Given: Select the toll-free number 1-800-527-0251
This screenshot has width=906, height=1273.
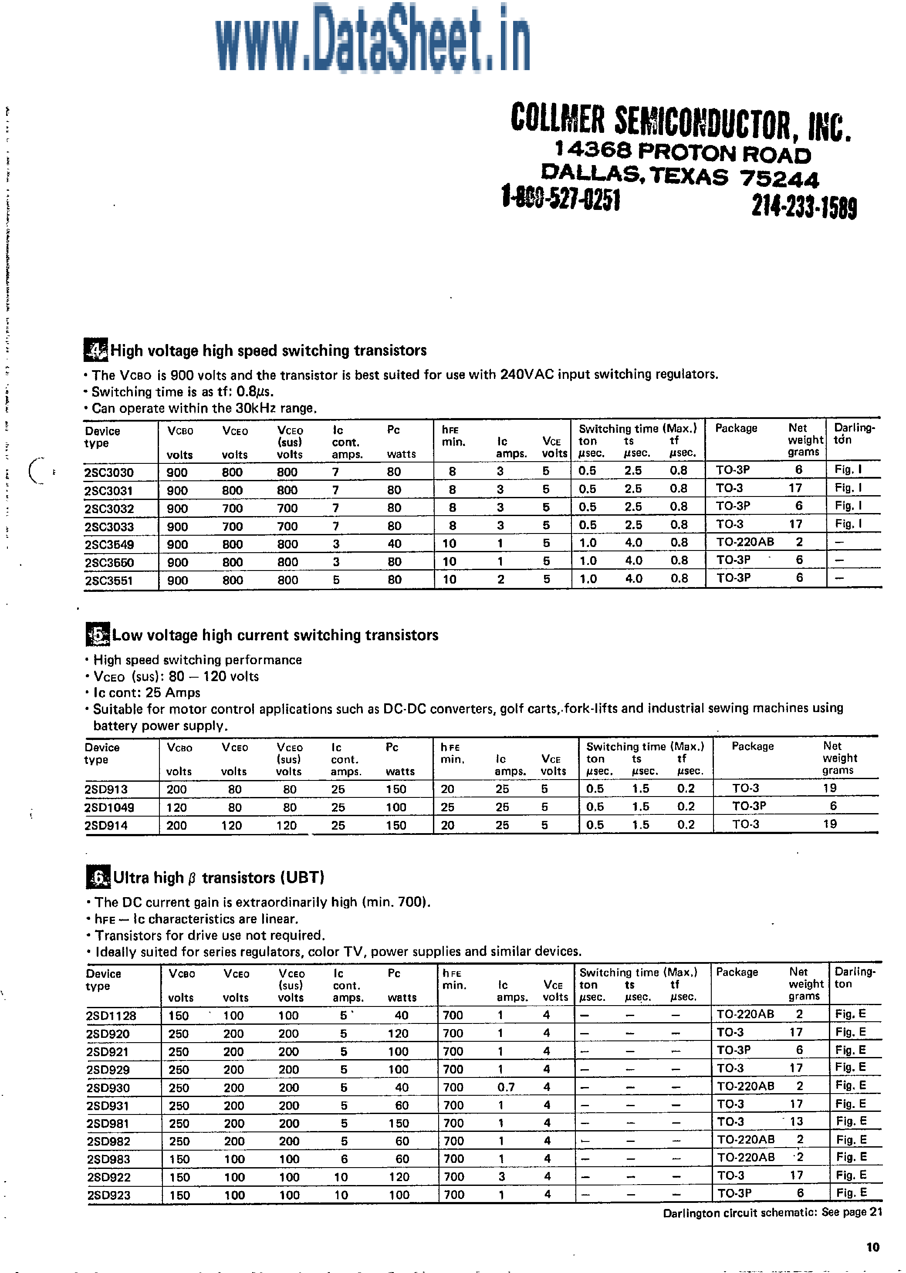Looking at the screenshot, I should point(561,199).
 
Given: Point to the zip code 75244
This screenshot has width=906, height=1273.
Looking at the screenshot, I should point(779,179).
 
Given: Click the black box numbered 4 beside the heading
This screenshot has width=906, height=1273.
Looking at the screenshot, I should point(95,350).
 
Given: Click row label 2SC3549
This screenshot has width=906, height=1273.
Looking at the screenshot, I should point(109,544).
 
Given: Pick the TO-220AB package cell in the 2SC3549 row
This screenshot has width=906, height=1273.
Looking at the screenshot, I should point(745,542).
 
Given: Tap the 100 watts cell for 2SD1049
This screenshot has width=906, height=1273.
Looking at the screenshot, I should point(396,807).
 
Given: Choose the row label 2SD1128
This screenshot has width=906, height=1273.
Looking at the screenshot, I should point(111,1016).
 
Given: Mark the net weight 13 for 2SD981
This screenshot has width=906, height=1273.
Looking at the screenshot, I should point(796,1122).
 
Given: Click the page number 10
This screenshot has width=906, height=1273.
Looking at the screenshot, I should point(873,1247).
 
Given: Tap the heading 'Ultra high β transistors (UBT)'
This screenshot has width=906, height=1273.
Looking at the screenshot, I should point(218,878).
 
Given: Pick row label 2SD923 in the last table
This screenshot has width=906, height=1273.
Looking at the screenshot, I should point(109,1195).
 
